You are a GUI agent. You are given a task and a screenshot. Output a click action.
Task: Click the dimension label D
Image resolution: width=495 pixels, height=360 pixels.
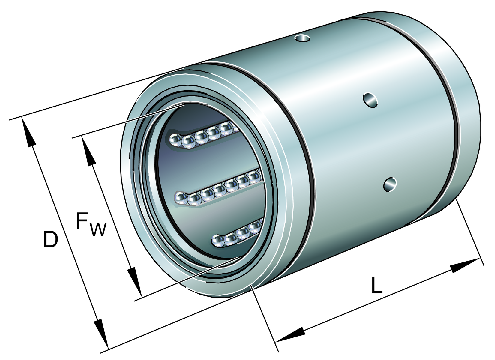click(x=50, y=239)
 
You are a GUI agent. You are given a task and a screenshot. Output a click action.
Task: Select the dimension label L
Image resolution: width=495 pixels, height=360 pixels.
click(x=377, y=285)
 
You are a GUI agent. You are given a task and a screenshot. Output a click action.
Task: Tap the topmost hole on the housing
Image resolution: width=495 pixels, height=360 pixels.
click(x=302, y=38)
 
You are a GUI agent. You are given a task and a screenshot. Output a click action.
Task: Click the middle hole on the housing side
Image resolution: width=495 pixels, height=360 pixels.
click(x=370, y=100)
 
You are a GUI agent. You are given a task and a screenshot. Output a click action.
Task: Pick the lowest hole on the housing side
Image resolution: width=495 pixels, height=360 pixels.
click(x=390, y=184)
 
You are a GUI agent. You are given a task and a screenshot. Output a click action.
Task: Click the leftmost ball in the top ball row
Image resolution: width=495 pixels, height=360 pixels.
click(x=175, y=140)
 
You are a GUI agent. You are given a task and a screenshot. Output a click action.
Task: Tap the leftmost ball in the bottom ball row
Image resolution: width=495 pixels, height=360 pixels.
click(x=218, y=241)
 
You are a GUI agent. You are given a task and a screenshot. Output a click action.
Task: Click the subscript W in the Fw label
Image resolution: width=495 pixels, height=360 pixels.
click(x=98, y=229)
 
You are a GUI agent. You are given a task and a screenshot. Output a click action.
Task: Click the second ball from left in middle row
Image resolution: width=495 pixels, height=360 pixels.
click(x=194, y=199)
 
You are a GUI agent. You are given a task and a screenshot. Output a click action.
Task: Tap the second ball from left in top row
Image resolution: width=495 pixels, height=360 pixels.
click(x=188, y=141)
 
